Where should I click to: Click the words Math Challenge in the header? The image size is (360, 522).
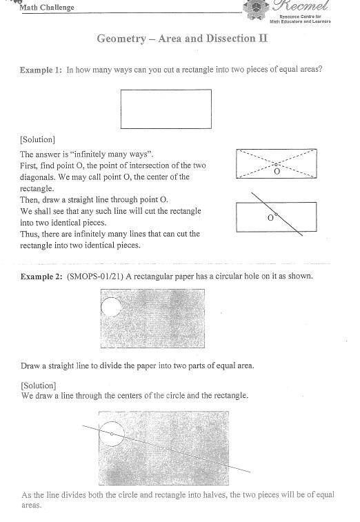[47, 8]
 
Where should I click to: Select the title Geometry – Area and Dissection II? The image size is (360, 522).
[182, 39]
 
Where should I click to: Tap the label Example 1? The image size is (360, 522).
[41, 70]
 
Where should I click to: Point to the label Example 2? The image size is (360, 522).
[41, 276]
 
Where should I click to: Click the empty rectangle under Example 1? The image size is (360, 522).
[166, 109]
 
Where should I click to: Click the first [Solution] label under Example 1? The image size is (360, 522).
[37, 140]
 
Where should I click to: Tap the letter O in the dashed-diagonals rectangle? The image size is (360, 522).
[277, 171]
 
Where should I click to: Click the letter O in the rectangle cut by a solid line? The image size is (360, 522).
[270, 218]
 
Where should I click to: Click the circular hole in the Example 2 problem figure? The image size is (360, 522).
[111, 305]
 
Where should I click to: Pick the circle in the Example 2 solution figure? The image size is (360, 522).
[112, 434]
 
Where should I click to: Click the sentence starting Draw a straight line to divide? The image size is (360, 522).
[137, 365]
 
